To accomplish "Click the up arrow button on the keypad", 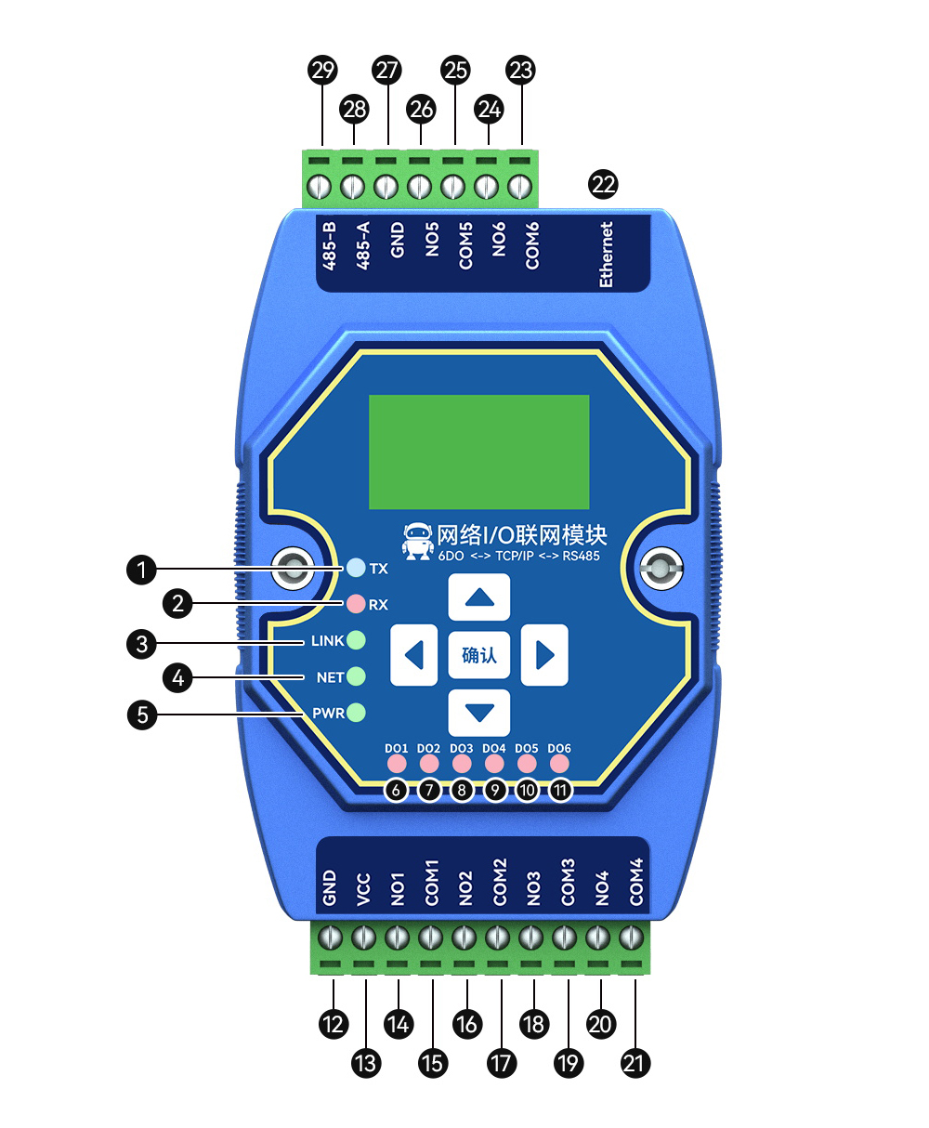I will (x=479, y=597).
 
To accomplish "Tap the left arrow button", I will (x=413, y=655).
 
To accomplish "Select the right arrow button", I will (x=544, y=655).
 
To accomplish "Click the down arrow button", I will (x=479, y=713).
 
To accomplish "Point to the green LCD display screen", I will (x=479, y=452).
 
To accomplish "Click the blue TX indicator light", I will (x=356, y=568).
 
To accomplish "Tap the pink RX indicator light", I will (x=356, y=604).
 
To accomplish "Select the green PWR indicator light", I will (x=356, y=713).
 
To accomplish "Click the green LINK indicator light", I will (x=356, y=640).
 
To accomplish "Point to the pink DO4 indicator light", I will (x=494, y=764).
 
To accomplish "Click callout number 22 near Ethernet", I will (x=604, y=184).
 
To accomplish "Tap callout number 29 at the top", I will (x=323, y=70).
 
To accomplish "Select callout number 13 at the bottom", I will (x=366, y=1063).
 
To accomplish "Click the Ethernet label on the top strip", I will (x=607, y=254).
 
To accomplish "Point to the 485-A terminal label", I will (x=363, y=245).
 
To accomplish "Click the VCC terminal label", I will (x=363, y=889).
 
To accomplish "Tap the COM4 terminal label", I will (x=635, y=883).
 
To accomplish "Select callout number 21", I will (x=635, y=1063).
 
